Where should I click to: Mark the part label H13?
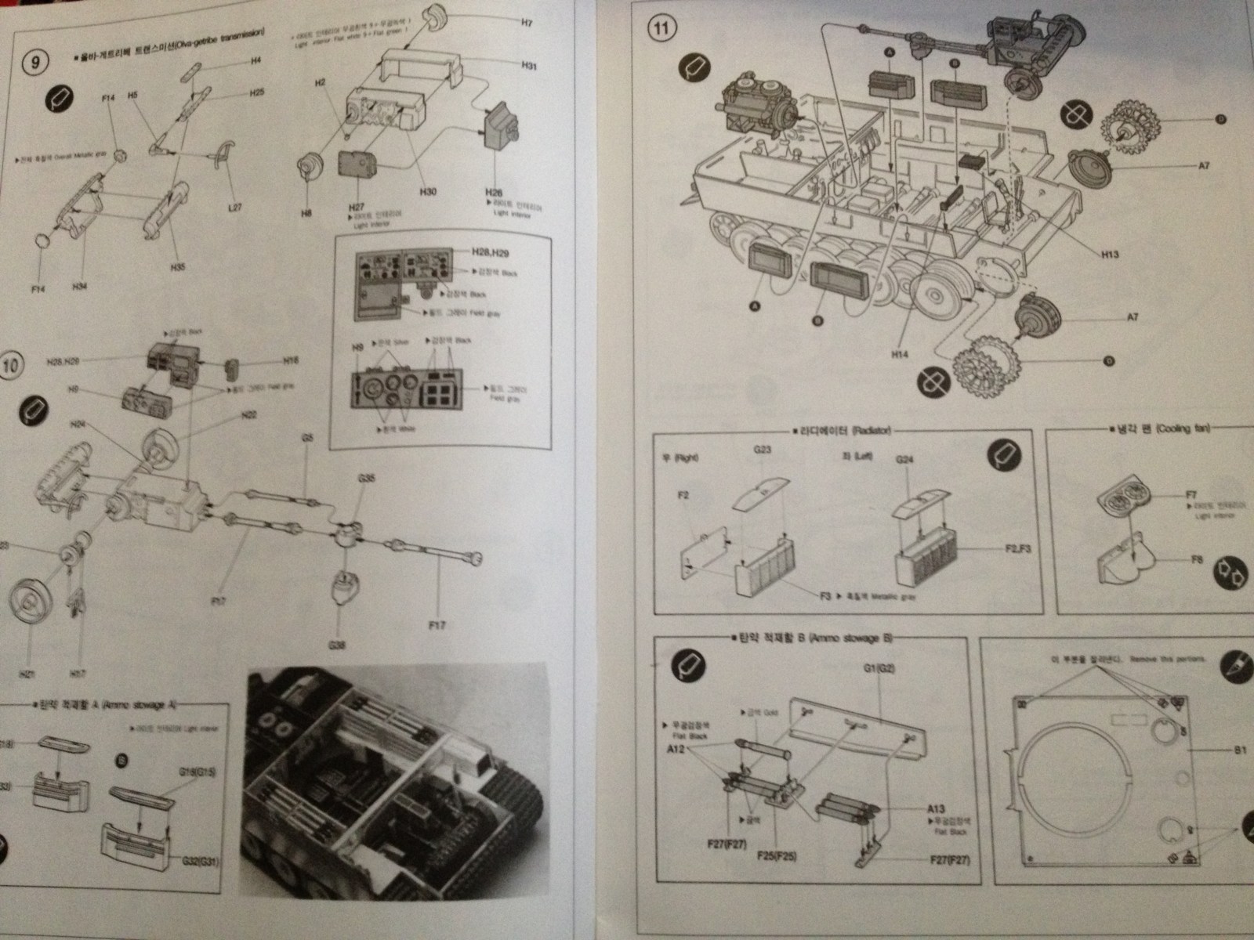(1109, 254)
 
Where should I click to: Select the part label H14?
(901, 354)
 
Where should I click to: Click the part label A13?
(936, 807)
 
